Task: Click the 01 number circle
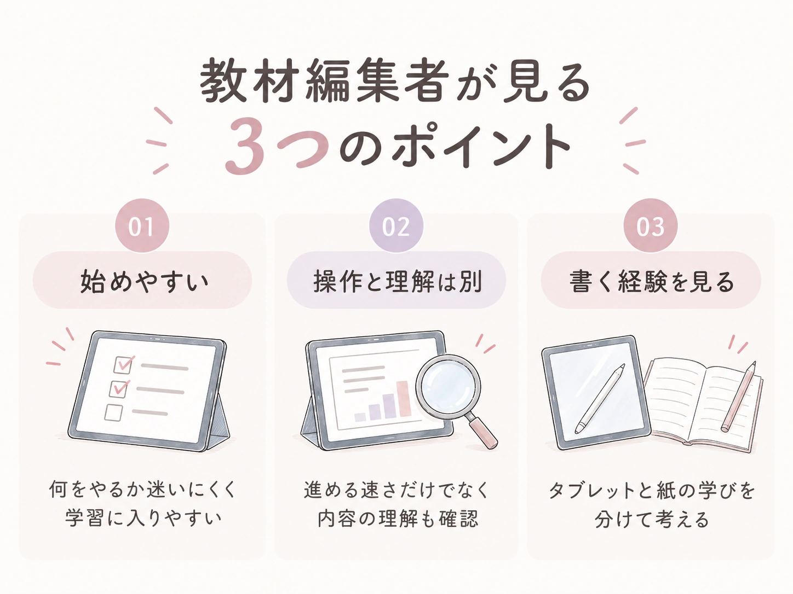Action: click(x=142, y=226)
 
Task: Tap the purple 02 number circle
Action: click(x=396, y=226)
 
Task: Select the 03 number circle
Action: click(x=650, y=226)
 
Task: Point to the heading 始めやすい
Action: click(x=145, y=281)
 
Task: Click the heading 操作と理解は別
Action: click(x=398, y=281)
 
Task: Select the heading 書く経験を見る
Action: click(x=651, y=281)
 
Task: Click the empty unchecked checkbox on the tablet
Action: click(x=113, y=413)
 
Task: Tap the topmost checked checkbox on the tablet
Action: click(x=123, y=365)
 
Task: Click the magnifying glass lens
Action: click(x=449, y=388)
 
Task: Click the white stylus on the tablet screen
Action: click(x=600, y=399)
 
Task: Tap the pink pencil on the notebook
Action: click(x=738, y=397)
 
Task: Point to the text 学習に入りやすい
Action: click(x=143, y=519)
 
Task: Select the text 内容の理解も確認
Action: click(x=398, y=519)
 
